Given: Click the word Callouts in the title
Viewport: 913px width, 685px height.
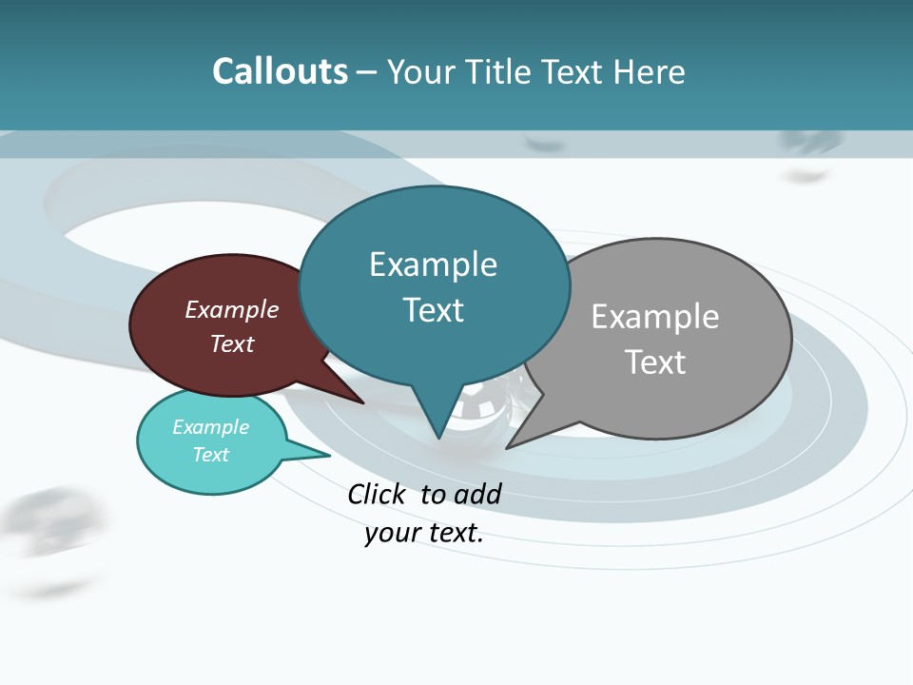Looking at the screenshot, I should point(280,71).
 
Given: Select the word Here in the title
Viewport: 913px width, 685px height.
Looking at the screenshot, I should point(650,71).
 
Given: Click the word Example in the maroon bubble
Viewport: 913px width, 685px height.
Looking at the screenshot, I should point(232,309).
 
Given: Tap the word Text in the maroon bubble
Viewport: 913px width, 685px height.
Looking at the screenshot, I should point(232,343).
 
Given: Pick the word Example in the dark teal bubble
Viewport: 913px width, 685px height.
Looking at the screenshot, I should point(433,264).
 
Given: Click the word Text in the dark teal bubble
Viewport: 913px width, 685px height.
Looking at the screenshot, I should point(433,309).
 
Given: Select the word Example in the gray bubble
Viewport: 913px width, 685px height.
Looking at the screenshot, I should point(655,316).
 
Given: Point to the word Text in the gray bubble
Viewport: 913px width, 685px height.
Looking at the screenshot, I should point(655,362).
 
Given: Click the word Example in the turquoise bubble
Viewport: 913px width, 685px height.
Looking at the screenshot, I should point(211,427).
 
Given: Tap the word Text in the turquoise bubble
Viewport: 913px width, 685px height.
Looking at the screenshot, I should point(211,455).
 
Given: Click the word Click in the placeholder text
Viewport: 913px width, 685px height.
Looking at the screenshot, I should point(377,494).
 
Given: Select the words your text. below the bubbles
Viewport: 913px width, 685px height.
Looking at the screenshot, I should point(424,533).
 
